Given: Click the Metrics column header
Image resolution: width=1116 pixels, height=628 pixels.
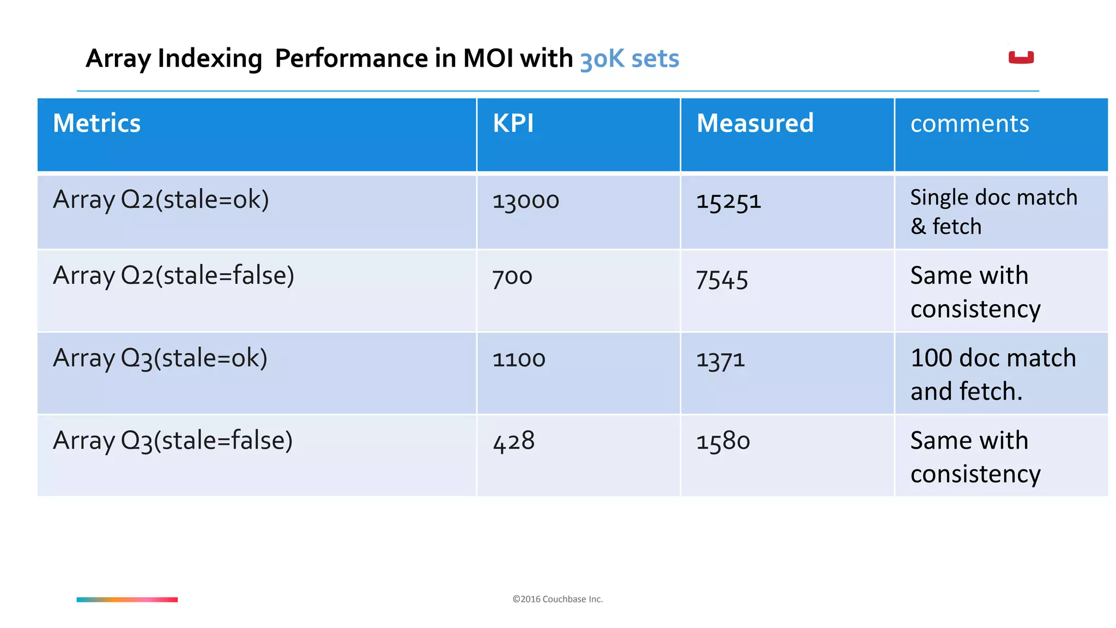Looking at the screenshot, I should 97,123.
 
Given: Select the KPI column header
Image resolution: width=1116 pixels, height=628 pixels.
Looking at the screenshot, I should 513,123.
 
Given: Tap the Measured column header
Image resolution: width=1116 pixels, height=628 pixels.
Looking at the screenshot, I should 755,123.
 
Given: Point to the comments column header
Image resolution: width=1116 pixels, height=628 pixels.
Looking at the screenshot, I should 969,124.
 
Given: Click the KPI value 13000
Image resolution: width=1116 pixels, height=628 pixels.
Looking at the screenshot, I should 525,201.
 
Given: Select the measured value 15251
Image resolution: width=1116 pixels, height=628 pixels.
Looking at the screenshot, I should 728,201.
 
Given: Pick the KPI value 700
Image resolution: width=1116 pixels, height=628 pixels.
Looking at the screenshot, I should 512,277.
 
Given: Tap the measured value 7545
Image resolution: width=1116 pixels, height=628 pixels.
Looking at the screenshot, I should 721,280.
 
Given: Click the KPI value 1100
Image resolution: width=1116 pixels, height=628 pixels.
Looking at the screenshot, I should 518,359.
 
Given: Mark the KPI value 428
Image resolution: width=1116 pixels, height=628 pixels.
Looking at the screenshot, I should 513,441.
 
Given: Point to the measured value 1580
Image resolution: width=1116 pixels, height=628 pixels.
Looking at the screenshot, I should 723,441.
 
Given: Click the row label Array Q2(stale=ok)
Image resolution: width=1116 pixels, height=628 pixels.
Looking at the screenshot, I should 161,200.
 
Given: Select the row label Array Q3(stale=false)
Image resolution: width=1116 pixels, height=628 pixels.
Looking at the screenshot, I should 173,440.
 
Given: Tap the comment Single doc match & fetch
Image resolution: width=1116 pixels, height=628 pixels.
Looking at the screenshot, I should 993,212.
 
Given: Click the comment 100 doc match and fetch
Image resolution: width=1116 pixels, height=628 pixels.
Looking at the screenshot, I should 993,375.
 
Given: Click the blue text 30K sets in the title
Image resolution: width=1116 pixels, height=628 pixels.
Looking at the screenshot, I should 629,59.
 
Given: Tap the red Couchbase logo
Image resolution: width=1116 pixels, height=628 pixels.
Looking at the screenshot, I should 1021,57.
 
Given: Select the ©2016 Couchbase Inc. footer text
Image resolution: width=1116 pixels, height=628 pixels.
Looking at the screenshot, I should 557,599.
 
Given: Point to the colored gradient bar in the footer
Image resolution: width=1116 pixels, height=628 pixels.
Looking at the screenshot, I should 127,600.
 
